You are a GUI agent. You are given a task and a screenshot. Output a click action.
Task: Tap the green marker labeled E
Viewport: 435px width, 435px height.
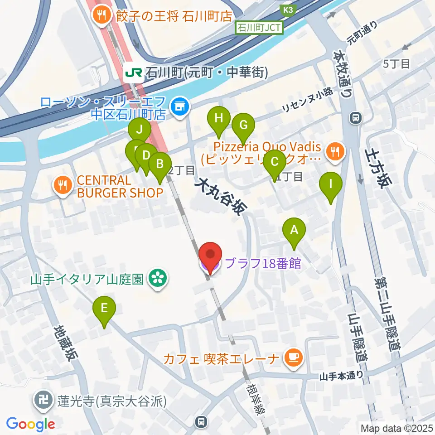[104, 310]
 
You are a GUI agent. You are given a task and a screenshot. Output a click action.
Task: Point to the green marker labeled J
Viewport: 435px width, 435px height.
[139, 131]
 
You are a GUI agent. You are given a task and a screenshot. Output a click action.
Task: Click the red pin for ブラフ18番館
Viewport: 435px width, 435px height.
[210, 256]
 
